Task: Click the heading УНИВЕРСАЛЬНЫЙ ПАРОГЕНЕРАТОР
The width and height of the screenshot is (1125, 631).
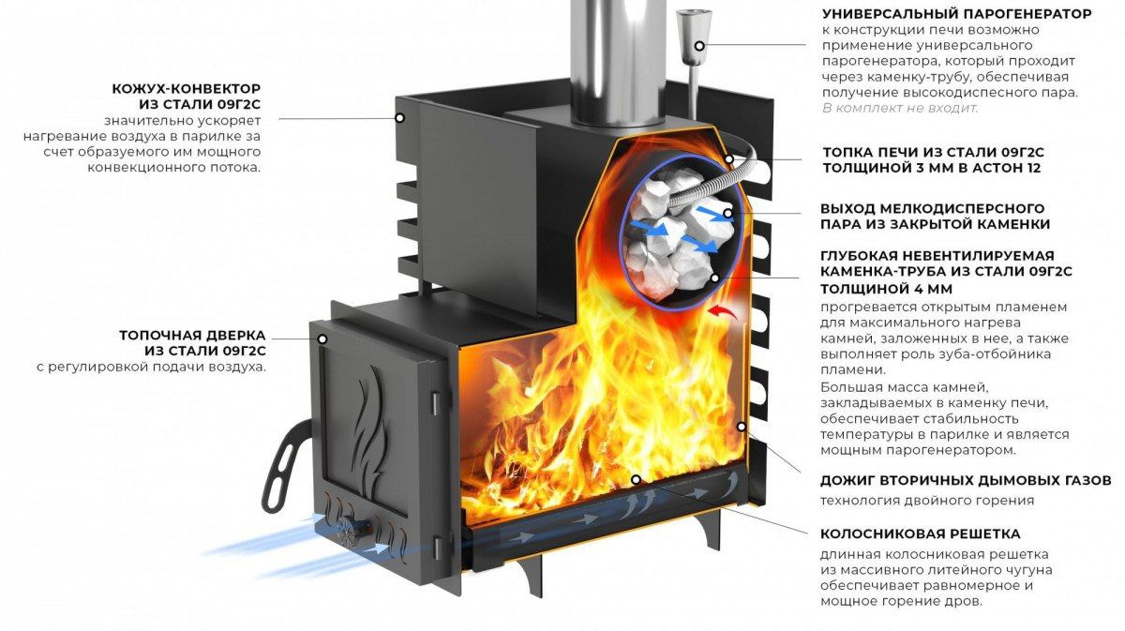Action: coord(956,14)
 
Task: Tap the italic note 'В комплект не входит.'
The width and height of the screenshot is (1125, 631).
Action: coord(899,108)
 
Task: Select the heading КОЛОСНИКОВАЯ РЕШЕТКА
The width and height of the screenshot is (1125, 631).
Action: coord(920,534)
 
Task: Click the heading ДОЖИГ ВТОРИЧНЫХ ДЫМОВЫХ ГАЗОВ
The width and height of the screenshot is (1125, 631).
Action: coord(966,480)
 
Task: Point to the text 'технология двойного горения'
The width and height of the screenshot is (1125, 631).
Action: coord(927,500)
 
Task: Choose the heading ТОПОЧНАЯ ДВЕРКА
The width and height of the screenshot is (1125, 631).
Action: coord(192,335)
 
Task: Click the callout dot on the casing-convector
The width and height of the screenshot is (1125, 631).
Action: coord(399,118)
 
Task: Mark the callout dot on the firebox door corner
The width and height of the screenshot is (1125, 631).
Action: coord(322,338)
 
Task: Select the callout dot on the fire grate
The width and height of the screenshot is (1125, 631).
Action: coord(636,479)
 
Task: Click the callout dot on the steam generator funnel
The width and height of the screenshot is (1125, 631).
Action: coord(698,45)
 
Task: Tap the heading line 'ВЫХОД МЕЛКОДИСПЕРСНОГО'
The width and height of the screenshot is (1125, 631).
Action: coord(932,208)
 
